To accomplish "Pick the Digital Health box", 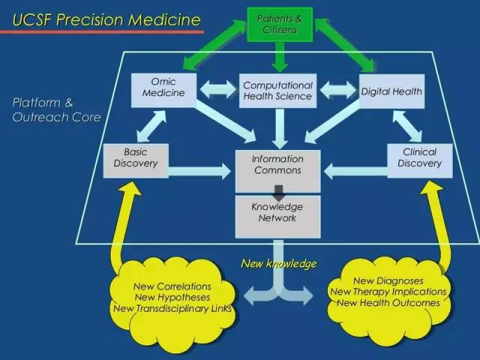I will tap(391, 92).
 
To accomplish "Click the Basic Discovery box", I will tap(136, 158).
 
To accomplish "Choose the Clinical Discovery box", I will tap(419, 158).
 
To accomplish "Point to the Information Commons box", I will tap(277, 165).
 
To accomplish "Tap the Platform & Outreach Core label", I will tap(56, 110).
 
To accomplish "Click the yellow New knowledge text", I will tap(278, 264).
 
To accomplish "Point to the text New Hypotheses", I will tap(172, 297).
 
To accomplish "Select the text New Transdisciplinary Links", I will tap(172, 308).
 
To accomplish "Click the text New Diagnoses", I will tap(388, 280).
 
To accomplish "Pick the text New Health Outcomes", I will tap(388, 302).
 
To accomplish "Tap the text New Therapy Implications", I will tap(388, 292).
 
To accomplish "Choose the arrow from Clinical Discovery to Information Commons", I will tap(355, 172).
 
